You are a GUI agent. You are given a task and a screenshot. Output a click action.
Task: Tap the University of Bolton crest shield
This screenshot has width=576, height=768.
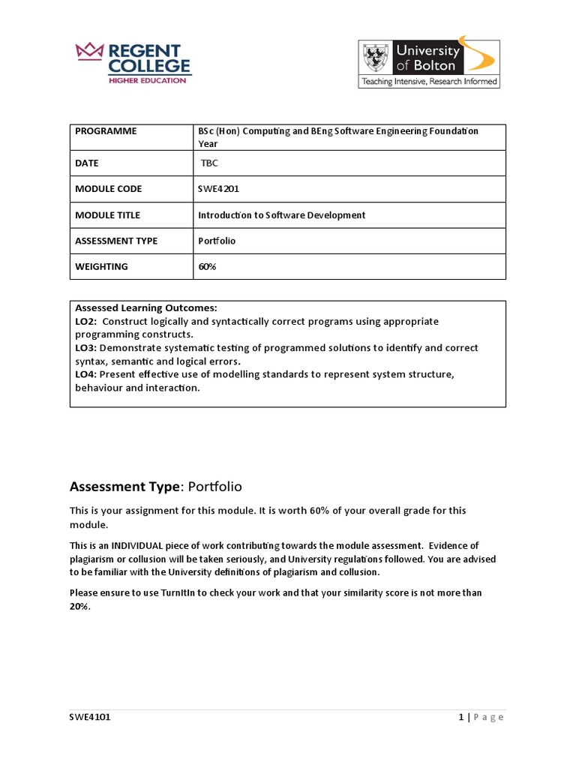(376, 58)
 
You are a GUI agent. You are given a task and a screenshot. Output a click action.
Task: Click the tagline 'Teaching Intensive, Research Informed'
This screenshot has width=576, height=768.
(429, 81)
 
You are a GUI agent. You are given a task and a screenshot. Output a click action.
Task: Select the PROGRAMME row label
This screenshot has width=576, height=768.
(106, 131)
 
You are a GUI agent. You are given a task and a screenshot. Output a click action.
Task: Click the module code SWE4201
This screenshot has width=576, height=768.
(218, 189)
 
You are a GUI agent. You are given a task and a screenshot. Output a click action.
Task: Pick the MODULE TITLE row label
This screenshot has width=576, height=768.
(107, 215)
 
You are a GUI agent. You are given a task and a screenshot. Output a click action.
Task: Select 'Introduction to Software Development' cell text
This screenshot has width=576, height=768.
(281, 215)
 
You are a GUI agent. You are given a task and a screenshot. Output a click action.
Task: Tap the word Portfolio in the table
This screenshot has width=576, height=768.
(217, 241)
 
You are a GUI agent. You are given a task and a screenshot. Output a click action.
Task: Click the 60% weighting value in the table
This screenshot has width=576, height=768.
(207, 266)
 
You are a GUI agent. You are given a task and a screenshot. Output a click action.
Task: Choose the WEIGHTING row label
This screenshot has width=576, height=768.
(101, 266)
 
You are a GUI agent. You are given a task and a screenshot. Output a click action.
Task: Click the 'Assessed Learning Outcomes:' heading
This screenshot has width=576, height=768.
(146, 308)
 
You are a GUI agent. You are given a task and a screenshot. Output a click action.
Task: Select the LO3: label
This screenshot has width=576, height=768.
(86, 348)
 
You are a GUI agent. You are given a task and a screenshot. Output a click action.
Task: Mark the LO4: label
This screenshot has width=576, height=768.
(86, 374)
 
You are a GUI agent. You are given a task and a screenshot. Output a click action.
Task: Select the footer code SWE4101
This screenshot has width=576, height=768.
(90, 717)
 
